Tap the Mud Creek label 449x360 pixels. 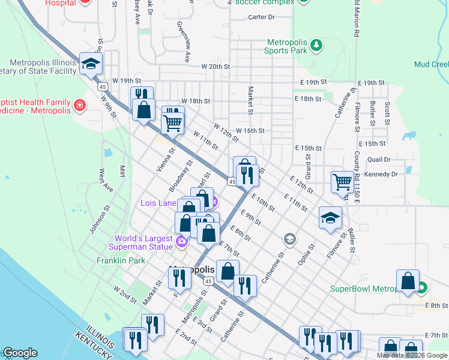click(431, 64)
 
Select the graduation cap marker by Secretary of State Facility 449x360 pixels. click(91, 65)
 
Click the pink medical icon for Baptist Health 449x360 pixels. click(79, 106)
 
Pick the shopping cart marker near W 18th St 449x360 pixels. click(173, 121)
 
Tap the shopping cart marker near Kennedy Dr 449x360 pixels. click(342, 181)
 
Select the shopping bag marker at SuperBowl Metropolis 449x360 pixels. click(408, 282)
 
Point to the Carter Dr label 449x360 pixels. click(261, 17)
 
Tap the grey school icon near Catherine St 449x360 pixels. click(290, 239)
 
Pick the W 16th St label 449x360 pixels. click(250, 131)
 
